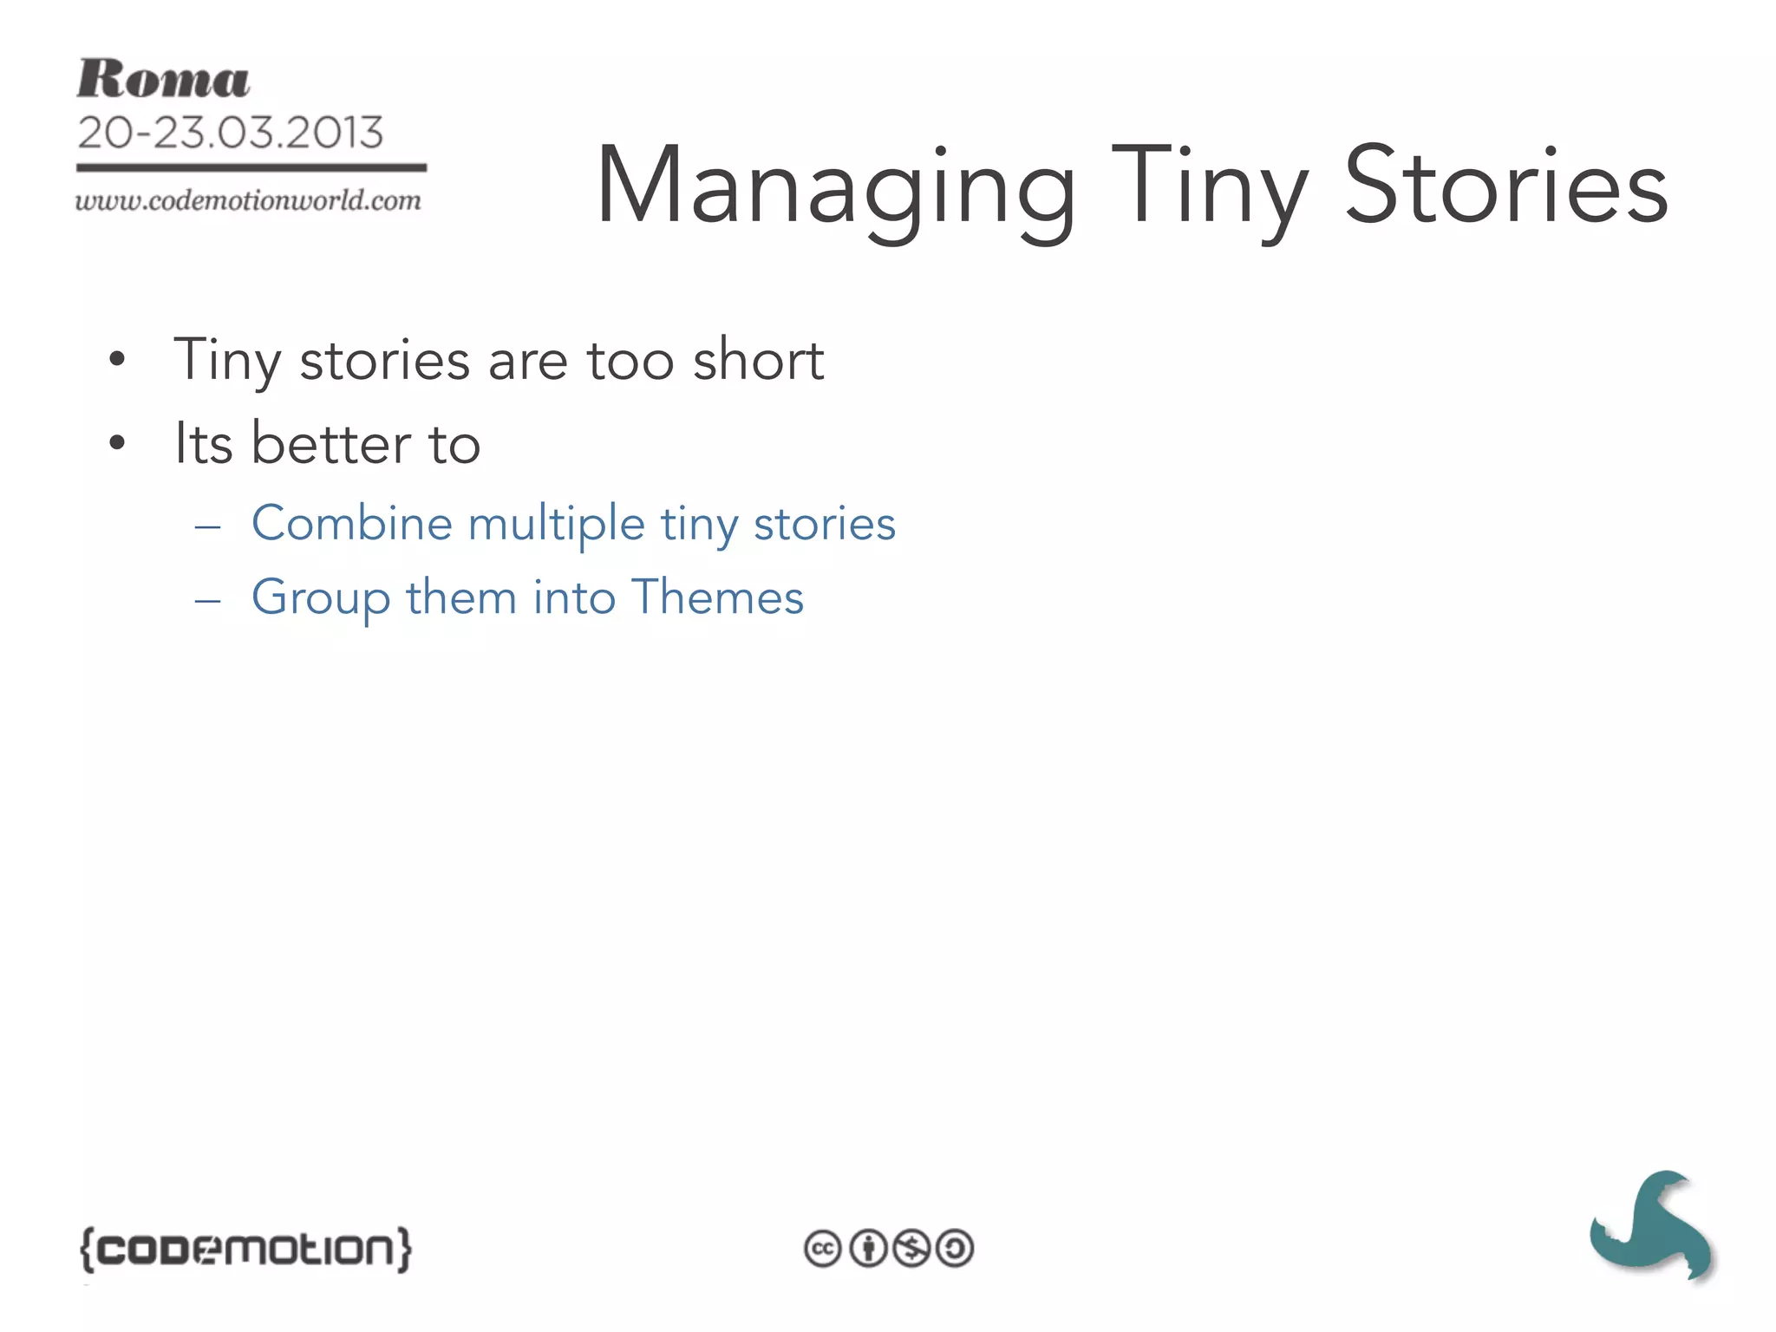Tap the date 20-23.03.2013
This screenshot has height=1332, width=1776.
pos(230,133)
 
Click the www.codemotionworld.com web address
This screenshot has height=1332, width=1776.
pos(248,201)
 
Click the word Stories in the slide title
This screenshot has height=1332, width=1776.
pos(1506,186)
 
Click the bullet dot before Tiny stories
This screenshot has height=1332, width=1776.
pos(117,360)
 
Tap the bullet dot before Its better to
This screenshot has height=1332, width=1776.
pos(117,444)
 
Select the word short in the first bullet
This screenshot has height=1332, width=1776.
pos(759,360)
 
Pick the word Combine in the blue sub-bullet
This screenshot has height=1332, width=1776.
pos(352,523)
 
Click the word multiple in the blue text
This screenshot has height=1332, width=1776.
pos(557,525)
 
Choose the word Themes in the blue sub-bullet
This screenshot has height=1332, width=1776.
pos(718,597)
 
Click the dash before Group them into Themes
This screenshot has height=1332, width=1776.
pos(208,600)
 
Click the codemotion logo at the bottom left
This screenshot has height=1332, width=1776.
pos(246,1249)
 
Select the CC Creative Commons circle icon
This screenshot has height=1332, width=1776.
pos(822,1249)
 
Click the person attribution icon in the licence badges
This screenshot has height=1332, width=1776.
pos(867,1249)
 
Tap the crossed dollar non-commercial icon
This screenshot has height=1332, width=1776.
pos(911,1249)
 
